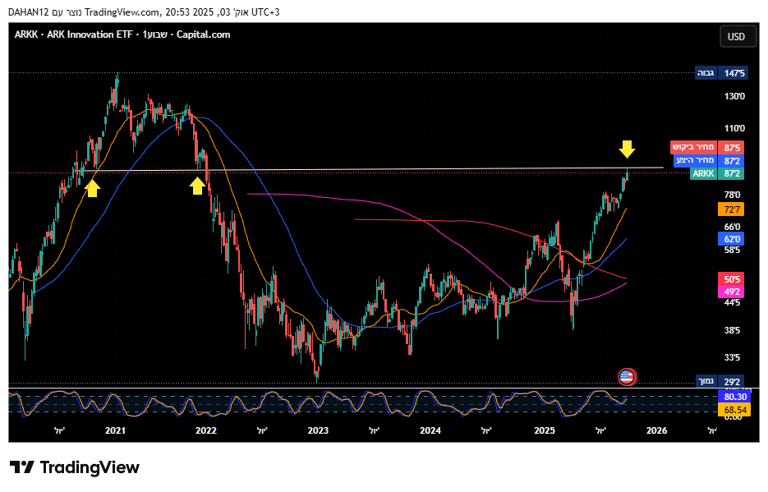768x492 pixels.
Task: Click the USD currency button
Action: click(x=736, y=36)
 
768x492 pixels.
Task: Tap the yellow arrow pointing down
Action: click(x=627, y=149)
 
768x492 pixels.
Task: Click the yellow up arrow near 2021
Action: click(x=93, y=188)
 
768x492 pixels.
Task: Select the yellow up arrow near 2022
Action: click(x=197, y=186)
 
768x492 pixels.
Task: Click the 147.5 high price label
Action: click(x=734, y=73)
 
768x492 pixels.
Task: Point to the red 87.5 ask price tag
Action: click(x=733, y=147)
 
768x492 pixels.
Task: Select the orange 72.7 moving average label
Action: click(x=733, y=209)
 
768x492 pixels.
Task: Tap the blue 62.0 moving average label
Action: click(x=733, y=239)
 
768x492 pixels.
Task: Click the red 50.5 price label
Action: click(x=733, y=279)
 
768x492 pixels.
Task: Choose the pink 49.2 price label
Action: click(x=733, y=292)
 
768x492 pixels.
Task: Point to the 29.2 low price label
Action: click(x=733, y=381)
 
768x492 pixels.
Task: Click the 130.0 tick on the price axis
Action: click(x=734, y=96)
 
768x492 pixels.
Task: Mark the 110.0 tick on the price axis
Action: click(x=734, y=128)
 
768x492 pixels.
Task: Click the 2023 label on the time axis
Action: click(x=318, y=430)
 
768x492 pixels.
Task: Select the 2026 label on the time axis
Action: click(x=656, y=430)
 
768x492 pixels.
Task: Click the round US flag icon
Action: click(x=627, y=377)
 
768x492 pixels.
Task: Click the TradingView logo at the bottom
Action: click(x=75, y=467)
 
